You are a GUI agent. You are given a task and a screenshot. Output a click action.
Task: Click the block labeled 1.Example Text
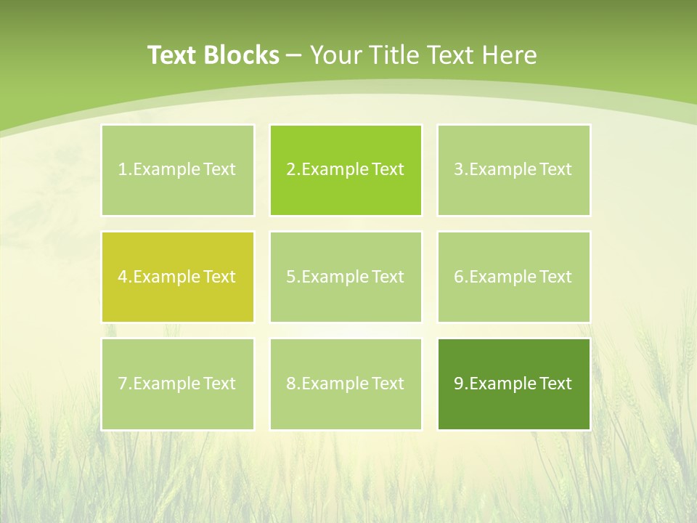(178, 170)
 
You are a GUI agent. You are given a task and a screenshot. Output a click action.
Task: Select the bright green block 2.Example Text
(346, 170)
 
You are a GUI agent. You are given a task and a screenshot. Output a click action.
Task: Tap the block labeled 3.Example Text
(513, 170)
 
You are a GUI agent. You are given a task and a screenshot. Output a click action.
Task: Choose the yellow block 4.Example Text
(178, 277)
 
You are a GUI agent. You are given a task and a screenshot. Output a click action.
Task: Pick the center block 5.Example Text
(346, 277)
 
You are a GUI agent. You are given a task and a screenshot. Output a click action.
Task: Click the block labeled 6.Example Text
(513, 277)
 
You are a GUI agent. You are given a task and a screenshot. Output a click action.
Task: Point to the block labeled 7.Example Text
(178, 384)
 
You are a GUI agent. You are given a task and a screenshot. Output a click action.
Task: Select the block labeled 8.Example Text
(346, 384)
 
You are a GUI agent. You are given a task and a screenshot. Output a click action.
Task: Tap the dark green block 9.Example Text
(513, 384)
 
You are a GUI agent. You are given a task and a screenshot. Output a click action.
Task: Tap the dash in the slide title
(295, 55)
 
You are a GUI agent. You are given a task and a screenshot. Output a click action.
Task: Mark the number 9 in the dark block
(459, 384)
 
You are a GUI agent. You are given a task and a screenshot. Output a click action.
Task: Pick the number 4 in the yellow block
(123, 277)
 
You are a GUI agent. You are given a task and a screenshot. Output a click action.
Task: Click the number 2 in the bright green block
(290, 170)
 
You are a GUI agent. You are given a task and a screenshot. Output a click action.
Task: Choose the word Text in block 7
(220, 384)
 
